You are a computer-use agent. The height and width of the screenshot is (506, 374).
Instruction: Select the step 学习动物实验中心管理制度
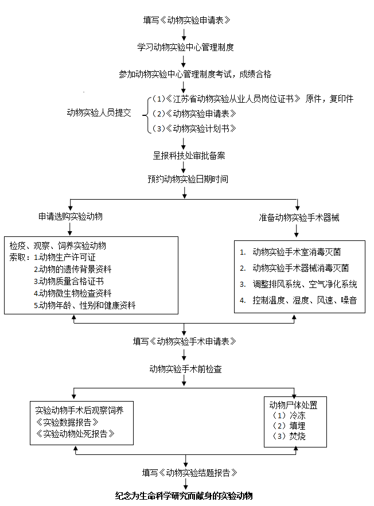(x=185, y=47)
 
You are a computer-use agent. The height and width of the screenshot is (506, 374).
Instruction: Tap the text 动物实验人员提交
(x=99, y=112)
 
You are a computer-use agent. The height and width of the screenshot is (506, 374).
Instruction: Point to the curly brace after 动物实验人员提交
(x=145, y=113)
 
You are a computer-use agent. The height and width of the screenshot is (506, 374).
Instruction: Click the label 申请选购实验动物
(x=71, y=217)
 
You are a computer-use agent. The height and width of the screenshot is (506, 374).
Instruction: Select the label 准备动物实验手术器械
(x=299, y=217)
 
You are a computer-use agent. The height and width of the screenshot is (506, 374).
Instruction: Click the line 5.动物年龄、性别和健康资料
(x=85, y=305)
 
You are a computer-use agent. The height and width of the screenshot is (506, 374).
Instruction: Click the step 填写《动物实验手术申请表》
(x=184, y=341)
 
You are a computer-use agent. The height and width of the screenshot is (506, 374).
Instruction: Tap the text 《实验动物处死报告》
(x=75, y=434)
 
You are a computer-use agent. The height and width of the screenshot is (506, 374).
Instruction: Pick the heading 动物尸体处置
(x=293, y=405)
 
